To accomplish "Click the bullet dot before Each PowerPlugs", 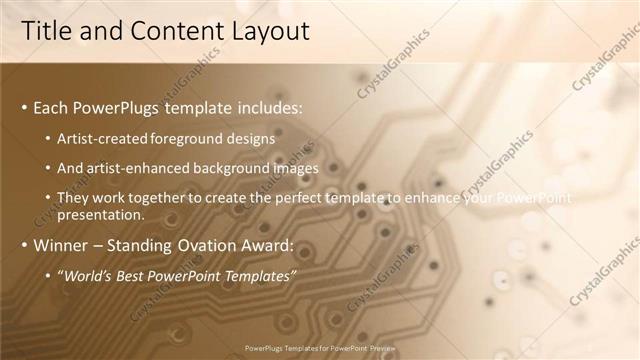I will pos(24,107).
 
